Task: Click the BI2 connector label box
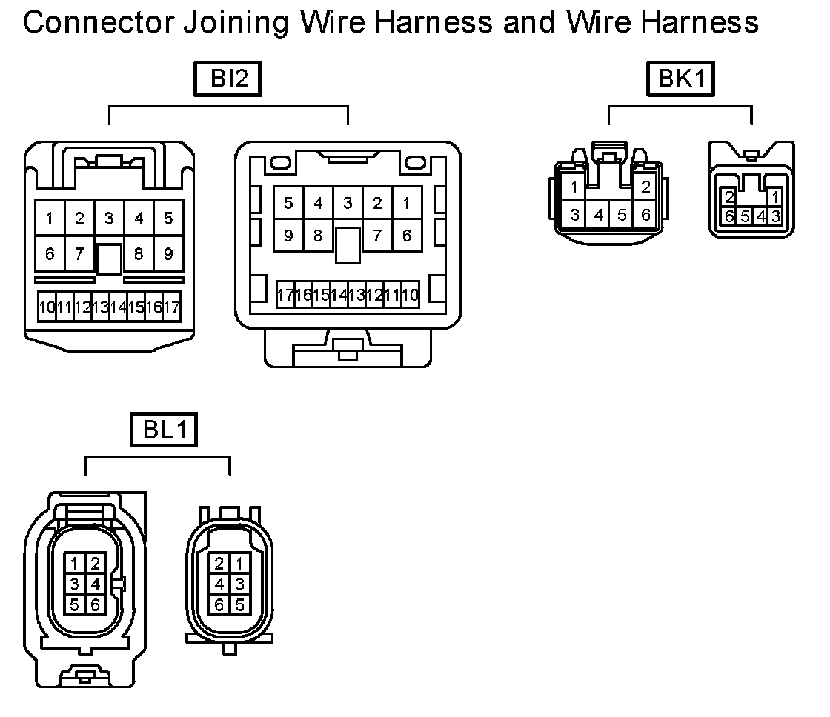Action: (x=228, y=79)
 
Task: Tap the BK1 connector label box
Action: (x=681, y=79)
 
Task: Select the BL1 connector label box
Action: (x=165, y=430)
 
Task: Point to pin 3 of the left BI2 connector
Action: (x=109, y=219)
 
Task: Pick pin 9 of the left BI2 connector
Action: (x=168, y=254)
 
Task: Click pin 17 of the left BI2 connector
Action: (x=172, y=307)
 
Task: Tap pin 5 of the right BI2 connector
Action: (x=288, y=203)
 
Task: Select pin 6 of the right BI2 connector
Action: (x=407, y=236)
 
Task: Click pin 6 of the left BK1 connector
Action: (x=645, y=216)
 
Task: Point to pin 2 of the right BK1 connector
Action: (x=730, y=198)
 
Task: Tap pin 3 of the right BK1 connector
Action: (x=775, y=216)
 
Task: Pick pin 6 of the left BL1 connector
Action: (x=94, y=604)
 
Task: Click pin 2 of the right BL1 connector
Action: (x=219, y=563)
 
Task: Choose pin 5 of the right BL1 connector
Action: (x=239, y=604)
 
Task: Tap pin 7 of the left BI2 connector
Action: (x=79, y=254)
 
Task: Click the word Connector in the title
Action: (x=93, y=22)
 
